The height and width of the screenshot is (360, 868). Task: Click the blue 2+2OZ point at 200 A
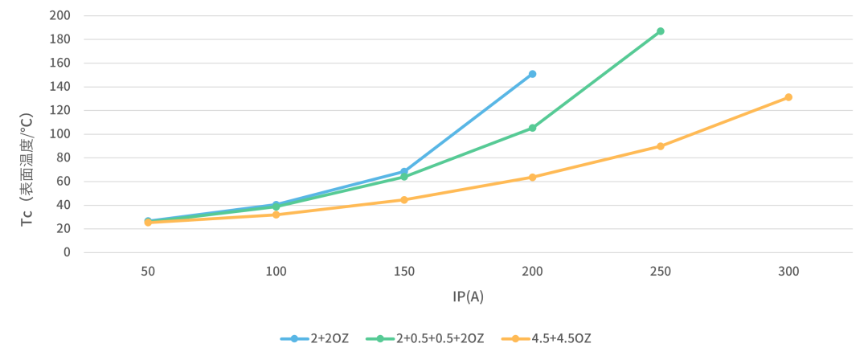tap(532, 74)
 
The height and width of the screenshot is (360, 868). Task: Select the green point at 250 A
tap(661, 31)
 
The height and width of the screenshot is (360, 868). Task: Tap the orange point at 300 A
tap(788, 97)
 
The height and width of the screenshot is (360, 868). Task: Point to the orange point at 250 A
tap(661, 146)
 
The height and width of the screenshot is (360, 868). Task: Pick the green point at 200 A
tap(532, 128)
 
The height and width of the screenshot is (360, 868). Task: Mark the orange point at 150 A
tap(404, 199)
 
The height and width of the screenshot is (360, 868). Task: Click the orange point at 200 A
tap(532, 177)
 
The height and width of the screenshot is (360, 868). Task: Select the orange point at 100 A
tap(276, 215)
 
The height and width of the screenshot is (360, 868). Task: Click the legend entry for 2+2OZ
tap(314, 338)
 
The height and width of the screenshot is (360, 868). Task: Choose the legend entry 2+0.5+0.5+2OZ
tap(425, 338)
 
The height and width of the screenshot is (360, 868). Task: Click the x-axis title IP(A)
tap(468, 297)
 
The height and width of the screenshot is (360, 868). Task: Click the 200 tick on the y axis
tap(60, 15)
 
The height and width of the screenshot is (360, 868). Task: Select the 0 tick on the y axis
tap(67, 252)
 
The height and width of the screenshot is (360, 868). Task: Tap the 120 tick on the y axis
tap(60, 110)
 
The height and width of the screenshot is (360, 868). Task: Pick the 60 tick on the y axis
tap(63, 182)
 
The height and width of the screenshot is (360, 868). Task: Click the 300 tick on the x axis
tap(788, 272)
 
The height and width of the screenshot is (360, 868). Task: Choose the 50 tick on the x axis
tap(148, 272)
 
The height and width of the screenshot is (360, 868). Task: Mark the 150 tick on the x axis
tap(404, 272)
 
